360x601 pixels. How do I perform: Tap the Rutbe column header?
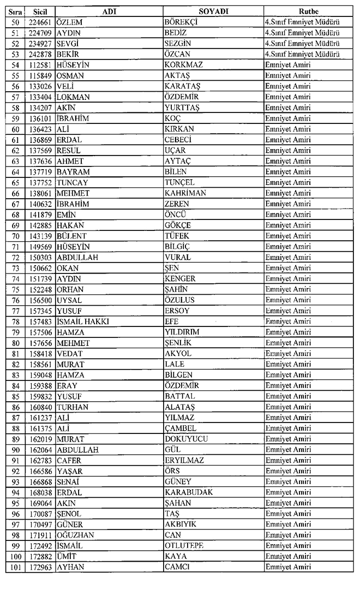pyautogui.click(x=309, y=11)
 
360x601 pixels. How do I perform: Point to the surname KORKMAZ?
pyautogui.click(x=183, y=65)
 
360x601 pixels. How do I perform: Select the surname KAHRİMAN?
pyautogui.click(x=185, y=193)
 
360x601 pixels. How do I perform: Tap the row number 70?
pyautogui.click(x=15, y=236)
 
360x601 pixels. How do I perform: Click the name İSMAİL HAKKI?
pyautogui.click(x=82, y=322)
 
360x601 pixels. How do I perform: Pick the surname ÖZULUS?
pyautogui.click(x=179, y=300)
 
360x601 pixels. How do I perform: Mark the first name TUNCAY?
pyautogui.click(x=72, y=182)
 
